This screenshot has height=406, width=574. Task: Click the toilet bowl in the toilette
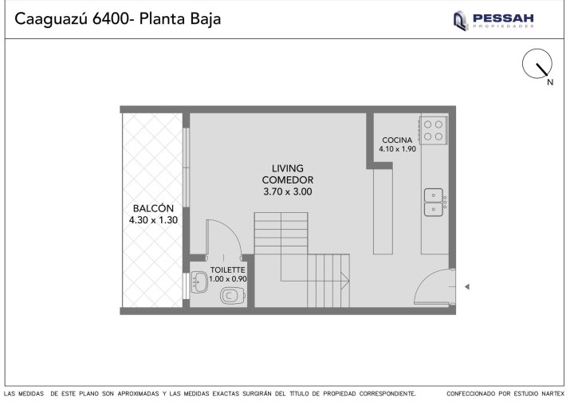point(233,296)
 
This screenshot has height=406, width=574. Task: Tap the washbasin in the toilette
point(199,282)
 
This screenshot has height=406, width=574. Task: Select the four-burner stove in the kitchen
point(433,131)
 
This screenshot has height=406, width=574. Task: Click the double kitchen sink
point(434,203)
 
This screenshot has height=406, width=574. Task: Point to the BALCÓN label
point(153,208)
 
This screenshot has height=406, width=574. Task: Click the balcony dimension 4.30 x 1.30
point(153,220)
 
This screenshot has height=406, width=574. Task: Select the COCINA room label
point(397,140)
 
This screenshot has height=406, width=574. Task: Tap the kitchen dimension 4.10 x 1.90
point(397,149)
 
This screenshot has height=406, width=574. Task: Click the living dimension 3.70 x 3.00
point(288,191)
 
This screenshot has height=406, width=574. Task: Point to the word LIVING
point(288,168)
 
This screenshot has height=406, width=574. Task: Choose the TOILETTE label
point(227,270)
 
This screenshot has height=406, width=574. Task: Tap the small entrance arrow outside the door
point(466,287)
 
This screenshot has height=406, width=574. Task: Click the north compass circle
point(537,63)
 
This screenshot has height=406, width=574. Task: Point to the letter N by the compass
point(550,82)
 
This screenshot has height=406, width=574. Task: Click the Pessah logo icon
point(461,21)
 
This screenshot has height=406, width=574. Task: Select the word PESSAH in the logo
point(503,18)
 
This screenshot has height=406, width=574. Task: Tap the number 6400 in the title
point(111,19)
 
